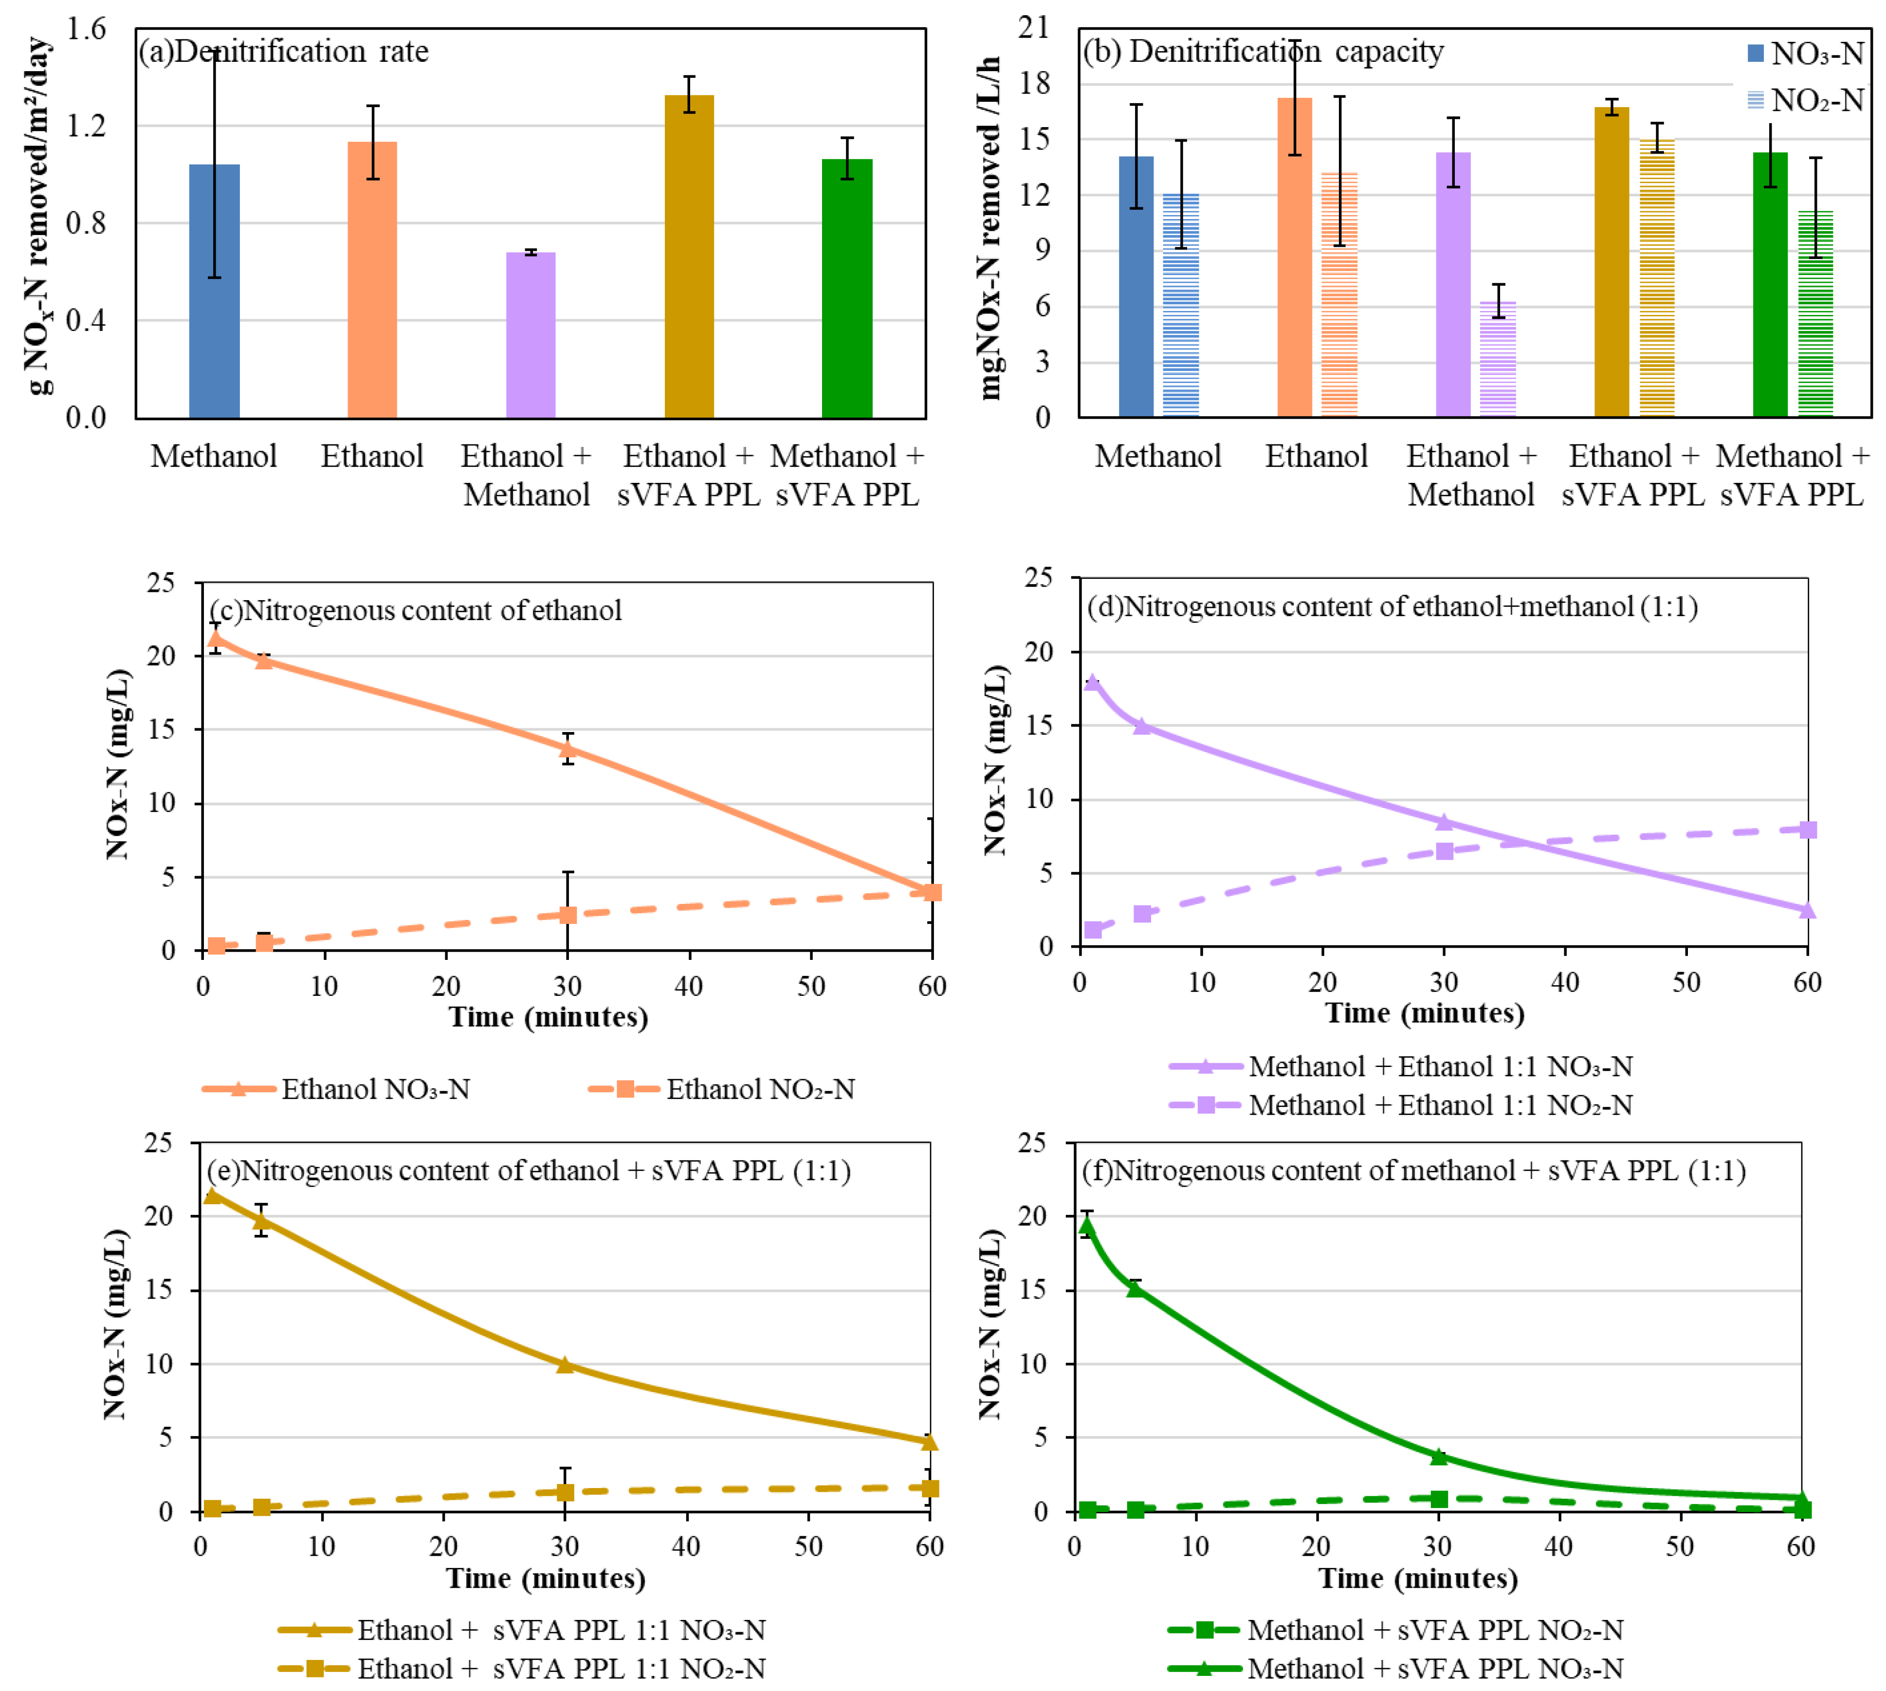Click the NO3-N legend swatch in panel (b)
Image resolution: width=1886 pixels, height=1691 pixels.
pos(1755,53)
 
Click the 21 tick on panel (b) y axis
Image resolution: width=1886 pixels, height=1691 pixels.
pos(1033,28)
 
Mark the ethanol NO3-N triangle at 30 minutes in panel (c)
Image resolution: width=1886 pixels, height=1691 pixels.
pos(567,748)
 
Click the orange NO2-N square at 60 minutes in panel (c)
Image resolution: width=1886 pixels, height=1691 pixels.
pos(932,892)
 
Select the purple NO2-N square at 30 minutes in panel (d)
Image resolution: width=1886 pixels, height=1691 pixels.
pos(1444,850)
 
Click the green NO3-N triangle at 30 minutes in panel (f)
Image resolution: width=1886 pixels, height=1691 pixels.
pos(1438,1456)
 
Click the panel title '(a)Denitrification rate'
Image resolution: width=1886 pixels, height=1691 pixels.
pos(283,51)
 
